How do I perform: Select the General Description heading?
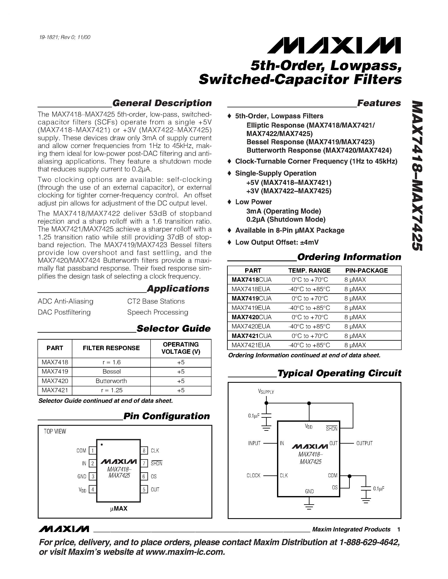tap(162, 103)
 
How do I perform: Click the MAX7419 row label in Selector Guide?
tap(55, 371)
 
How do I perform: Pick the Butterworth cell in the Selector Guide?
tap(111, 381)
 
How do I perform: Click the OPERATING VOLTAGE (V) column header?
tap(181, 348)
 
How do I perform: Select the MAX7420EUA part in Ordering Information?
tap(251, 326)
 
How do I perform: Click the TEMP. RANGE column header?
tap(309, 270)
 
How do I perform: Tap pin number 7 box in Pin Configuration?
tap(144, 463)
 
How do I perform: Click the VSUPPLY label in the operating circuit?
tap(266, 392)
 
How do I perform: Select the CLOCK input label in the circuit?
tap(253, 475)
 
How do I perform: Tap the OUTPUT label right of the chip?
tap(364, 443)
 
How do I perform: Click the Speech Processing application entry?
tap(158, 312)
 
